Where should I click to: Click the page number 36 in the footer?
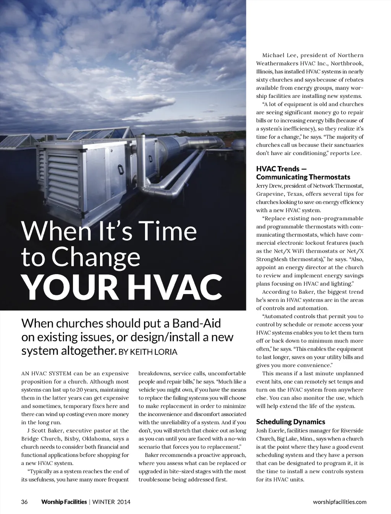24,502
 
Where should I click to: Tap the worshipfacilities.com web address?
339,502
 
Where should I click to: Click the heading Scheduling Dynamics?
291,422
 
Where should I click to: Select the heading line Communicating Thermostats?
303,177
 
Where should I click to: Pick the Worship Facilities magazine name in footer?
64,502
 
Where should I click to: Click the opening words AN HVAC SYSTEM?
46,373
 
